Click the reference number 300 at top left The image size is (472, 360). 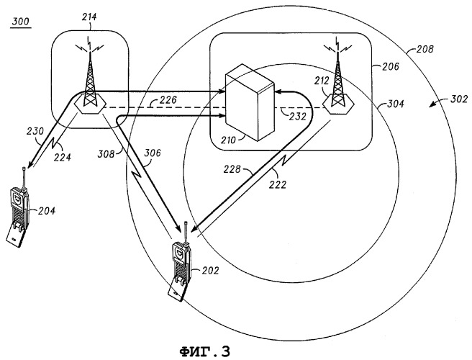[21, 22]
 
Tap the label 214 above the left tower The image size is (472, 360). [89, 17]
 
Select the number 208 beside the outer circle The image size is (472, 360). [425, 49]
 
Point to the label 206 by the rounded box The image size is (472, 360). [391, 66]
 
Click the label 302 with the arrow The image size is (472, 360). [459, 99]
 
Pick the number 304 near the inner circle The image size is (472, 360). [395, 104]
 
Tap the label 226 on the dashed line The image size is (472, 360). [168, 99]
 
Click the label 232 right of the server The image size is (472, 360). [298, 117]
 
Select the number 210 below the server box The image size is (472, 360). [230, 140]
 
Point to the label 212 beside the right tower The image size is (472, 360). [322, 81]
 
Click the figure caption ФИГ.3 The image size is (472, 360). [204, 351]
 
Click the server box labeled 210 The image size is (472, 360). [250, 102]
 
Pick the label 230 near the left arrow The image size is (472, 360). [35, 131]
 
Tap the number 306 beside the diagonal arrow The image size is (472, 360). [153, 153]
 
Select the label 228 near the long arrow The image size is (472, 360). [232, 170]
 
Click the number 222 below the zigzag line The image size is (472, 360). [278, 184]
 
